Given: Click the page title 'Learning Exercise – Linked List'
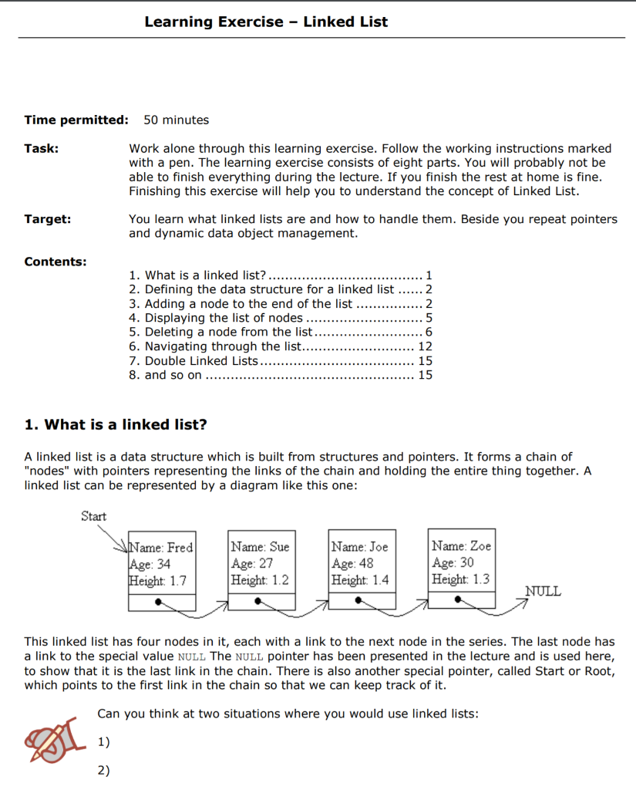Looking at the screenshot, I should (x=266, y=22).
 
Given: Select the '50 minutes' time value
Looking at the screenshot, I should (x=176, y=120).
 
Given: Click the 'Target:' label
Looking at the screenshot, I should (x=48, y=219).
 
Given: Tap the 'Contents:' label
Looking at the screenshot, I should (x=56, y=262).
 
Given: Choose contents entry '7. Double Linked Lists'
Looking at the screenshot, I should (x=193, y=361).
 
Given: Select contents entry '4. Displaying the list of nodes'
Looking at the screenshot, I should (x=215, y=318).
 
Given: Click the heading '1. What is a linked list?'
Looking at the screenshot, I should (x=116, y=425).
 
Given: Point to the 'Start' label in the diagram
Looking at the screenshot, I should (x=93, y=516).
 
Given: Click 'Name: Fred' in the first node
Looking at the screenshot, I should (x=162, y=547).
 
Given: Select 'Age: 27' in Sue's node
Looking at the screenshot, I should (x=252, y=563).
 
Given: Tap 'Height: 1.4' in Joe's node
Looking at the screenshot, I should (x=360, y=580).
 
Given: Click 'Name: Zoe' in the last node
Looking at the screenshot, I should (x=461, y=546).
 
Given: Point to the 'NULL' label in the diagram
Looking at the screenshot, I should (x=543, y=592).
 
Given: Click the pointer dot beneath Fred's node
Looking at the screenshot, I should (x=160, y=600).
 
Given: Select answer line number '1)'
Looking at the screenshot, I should (x=103, y=742).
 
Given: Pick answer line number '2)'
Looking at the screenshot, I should (x=103, y=770).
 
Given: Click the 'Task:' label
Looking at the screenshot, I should (x=42, y=148).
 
